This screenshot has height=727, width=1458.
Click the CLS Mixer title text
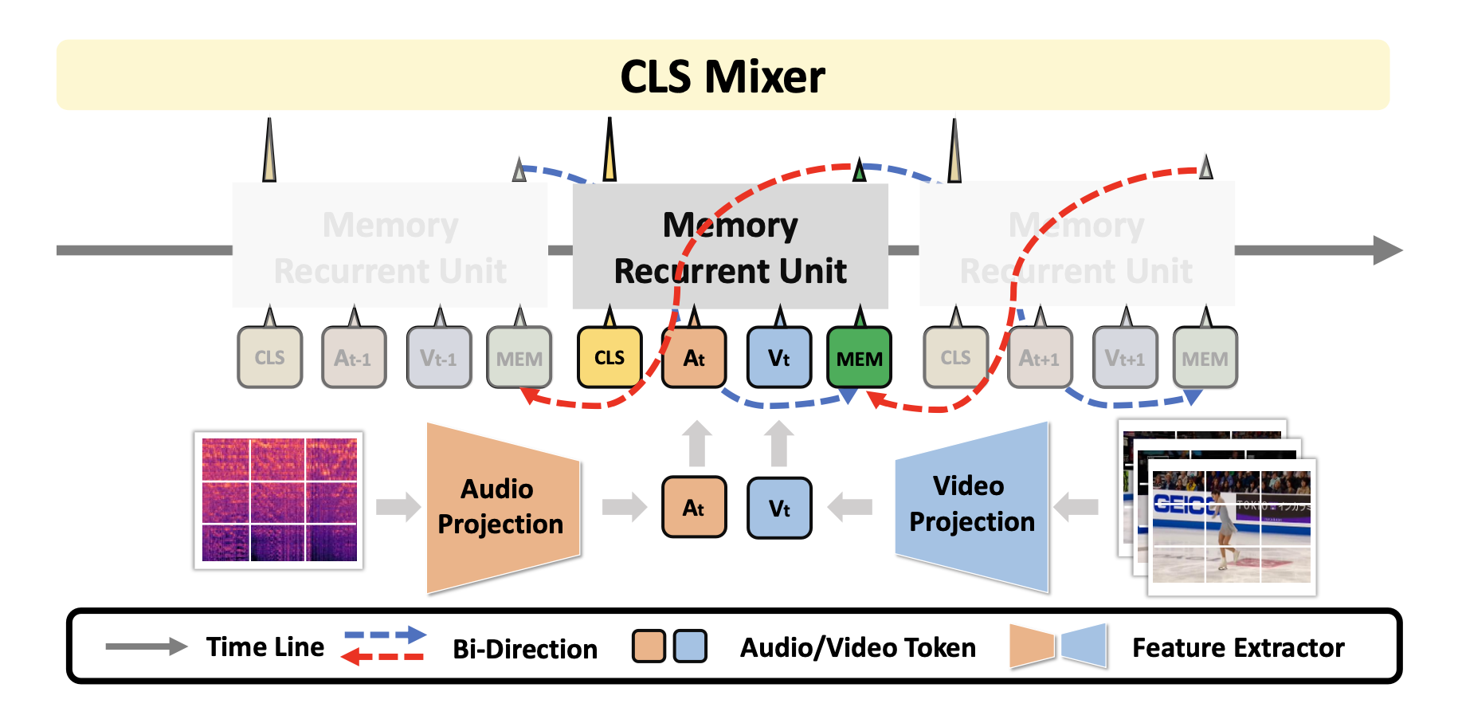[723, 77]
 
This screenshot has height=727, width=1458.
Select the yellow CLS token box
[609, 357]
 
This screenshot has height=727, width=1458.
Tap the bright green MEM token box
[859, 358]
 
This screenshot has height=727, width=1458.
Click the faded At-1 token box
[354, 358]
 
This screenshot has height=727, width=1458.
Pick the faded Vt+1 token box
[1124, 358]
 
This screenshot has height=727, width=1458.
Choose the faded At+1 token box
[1039, 358]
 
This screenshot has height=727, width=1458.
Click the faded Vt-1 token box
[439, 358]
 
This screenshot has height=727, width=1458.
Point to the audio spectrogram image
[279, 500]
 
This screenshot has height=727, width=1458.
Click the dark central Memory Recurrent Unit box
[730, 247]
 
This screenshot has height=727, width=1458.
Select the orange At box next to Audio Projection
[694, 507]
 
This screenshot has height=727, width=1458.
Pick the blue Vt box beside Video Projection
[779, 508]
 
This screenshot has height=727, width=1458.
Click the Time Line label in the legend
[265, 646]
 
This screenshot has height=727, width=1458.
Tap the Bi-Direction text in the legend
[525, 649]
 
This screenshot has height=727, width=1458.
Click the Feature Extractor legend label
[1238, 647]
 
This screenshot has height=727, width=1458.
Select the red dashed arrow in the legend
[383, 657]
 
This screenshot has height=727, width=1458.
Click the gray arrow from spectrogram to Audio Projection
[398, 506]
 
